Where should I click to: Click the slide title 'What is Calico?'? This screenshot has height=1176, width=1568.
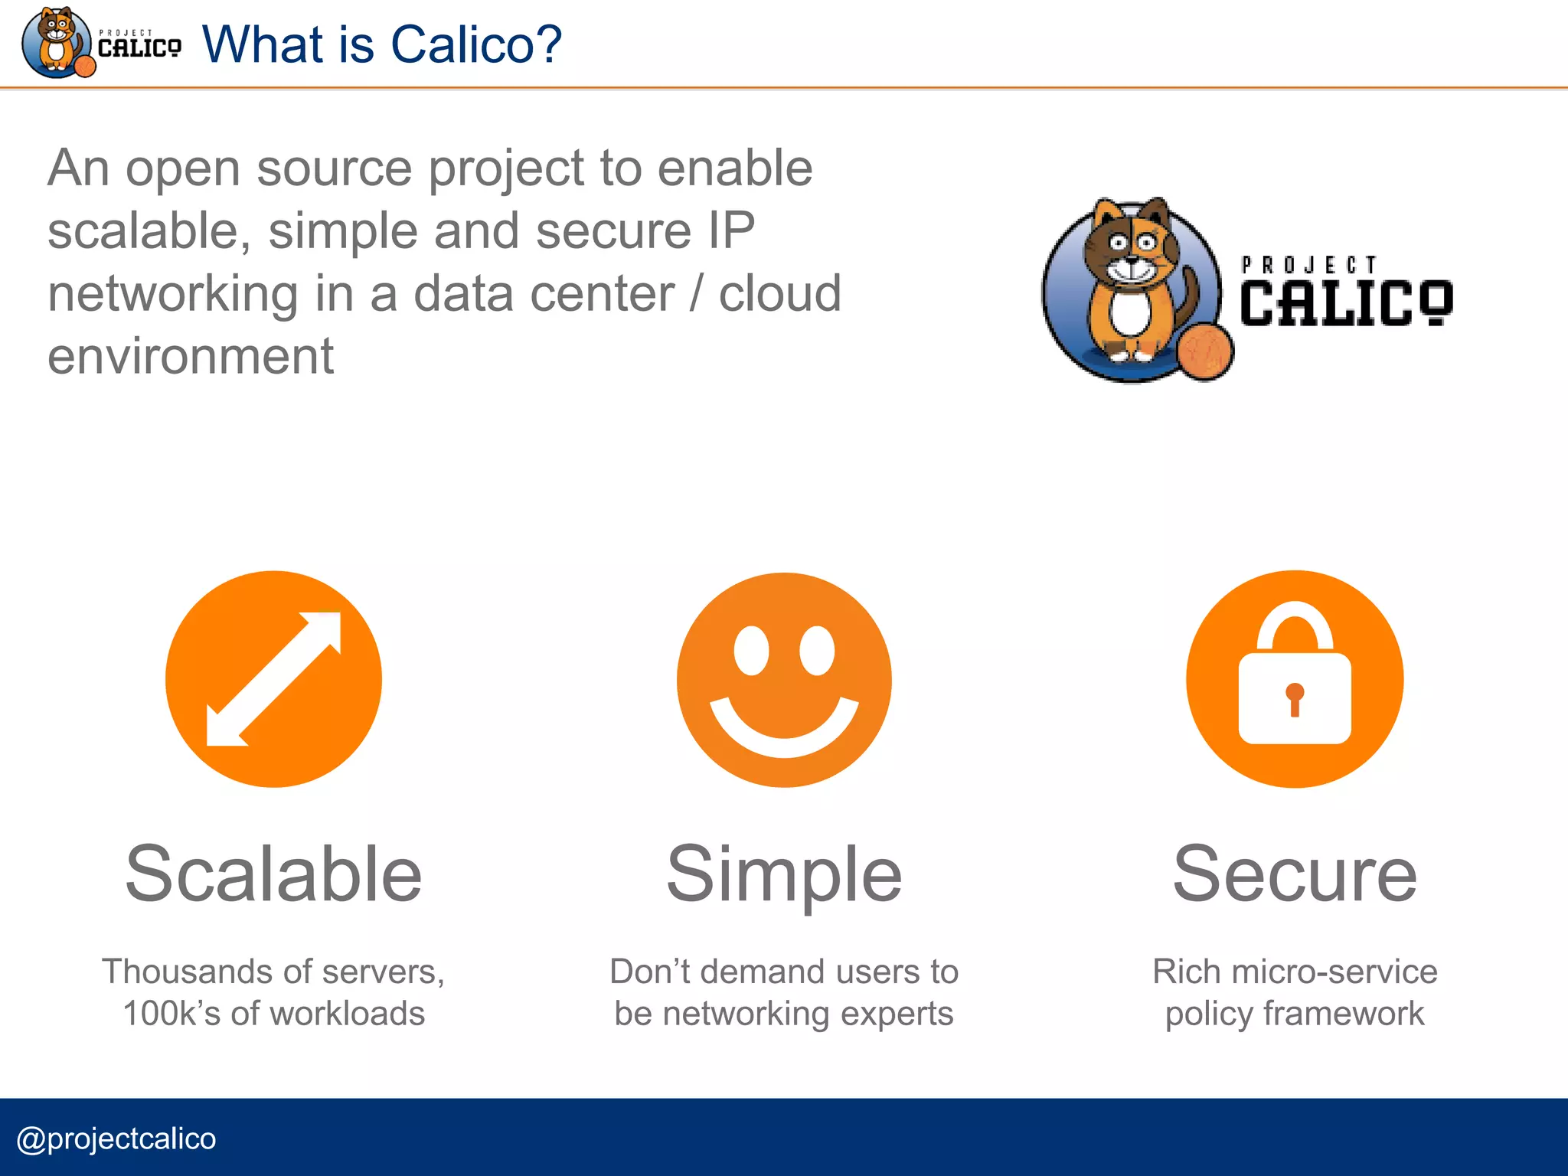point(381,44)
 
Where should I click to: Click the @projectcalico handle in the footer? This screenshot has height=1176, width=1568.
point(116,1138)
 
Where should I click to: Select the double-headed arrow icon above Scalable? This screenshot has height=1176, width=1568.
point(273,679)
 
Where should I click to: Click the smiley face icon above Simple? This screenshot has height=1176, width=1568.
point(784,679)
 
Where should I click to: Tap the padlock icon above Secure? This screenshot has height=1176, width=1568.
point(1295,679)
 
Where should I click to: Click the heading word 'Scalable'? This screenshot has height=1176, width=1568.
point(273,874)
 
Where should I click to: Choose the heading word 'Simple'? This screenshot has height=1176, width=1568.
point(784,874)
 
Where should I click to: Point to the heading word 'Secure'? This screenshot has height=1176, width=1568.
point(1295,874)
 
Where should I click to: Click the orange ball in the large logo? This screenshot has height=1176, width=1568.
point(1205,351)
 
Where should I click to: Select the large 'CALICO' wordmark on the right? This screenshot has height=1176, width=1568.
point(1345,303)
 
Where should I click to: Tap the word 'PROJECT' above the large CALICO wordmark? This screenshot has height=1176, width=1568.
point(1308,265)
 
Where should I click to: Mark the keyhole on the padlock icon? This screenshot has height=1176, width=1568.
point(1295,698)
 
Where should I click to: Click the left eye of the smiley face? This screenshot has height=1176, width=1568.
point(751,651)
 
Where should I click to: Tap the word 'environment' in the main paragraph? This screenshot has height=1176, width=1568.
point(191,356)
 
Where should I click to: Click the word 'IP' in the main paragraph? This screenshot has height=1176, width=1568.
point(731,230)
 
